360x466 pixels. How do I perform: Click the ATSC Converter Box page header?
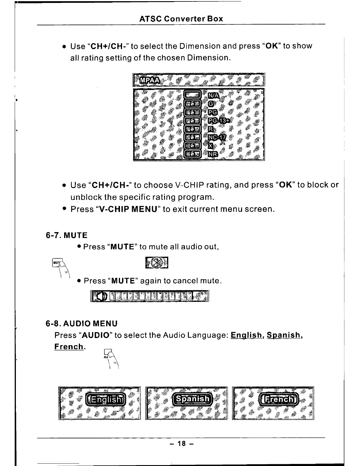coord(181,19)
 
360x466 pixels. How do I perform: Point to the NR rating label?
coord(213,154)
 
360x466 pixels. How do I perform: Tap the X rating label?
coord(210,146)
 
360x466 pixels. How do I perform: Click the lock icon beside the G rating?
coord(192,104)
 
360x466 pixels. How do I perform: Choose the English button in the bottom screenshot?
coord(106,400)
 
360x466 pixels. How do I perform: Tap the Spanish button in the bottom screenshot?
coord(192,399)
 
